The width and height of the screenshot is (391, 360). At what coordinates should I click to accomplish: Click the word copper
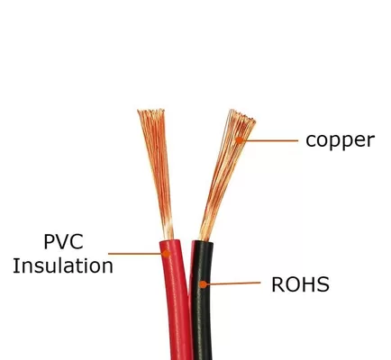(x=340, y=140)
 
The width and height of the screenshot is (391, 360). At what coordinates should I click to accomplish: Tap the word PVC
(x=63, y=242)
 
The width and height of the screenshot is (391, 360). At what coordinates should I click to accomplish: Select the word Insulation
(x=63, y=266)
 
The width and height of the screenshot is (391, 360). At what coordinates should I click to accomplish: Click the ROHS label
(x=300, y=284)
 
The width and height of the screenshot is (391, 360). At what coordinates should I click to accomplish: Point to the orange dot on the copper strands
(x=239, y=139)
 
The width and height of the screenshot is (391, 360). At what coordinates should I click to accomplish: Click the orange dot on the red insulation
(x=166, y=254)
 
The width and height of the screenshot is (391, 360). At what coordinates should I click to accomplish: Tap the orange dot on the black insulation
(x=204, y=284)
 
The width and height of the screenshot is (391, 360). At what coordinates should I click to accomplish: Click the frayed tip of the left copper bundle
(x=151, y=112)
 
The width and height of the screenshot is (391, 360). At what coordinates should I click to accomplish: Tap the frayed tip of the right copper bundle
(x=242, y=116)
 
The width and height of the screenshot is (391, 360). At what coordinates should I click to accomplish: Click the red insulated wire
(x=176, y=300)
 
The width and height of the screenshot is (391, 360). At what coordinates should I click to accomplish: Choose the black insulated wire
(x=202, y=300)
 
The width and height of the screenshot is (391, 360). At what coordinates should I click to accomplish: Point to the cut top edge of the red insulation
(x=170, y=241)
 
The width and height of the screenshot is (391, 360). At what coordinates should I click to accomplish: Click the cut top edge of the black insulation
(x=203, y=242)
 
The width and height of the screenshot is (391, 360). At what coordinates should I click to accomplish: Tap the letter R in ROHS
(x=277, y=284)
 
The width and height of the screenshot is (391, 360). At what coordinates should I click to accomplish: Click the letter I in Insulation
(x=15, y=266)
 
